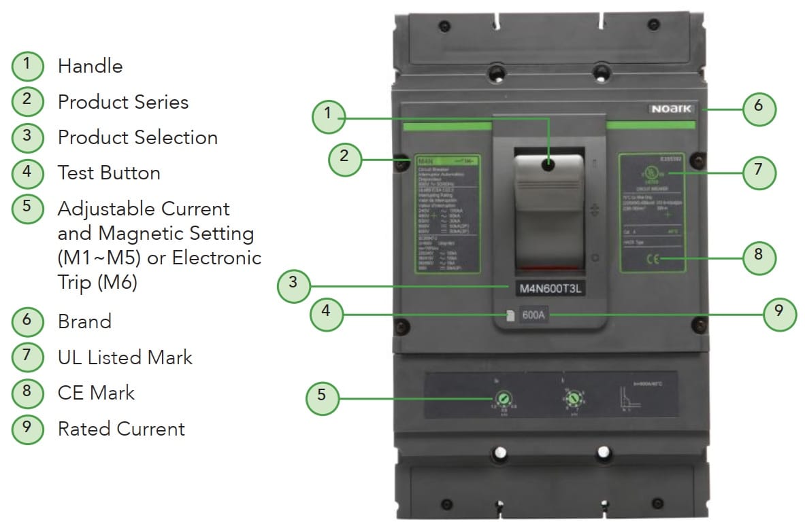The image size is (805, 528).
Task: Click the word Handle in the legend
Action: click(90, 66)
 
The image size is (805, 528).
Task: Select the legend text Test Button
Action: click(109, 173)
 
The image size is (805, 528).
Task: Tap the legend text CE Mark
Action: click(96, 393)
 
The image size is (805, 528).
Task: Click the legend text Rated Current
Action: click(121, 429)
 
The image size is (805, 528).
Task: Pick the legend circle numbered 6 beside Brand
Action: click(27, 321)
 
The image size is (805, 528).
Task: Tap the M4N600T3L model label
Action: click(552, 288)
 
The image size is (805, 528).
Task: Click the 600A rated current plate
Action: click(534, 315)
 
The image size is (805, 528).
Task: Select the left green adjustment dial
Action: click(506, 399)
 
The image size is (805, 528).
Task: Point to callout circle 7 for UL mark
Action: click(758, 170)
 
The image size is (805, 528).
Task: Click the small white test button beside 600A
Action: click(509, 316)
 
